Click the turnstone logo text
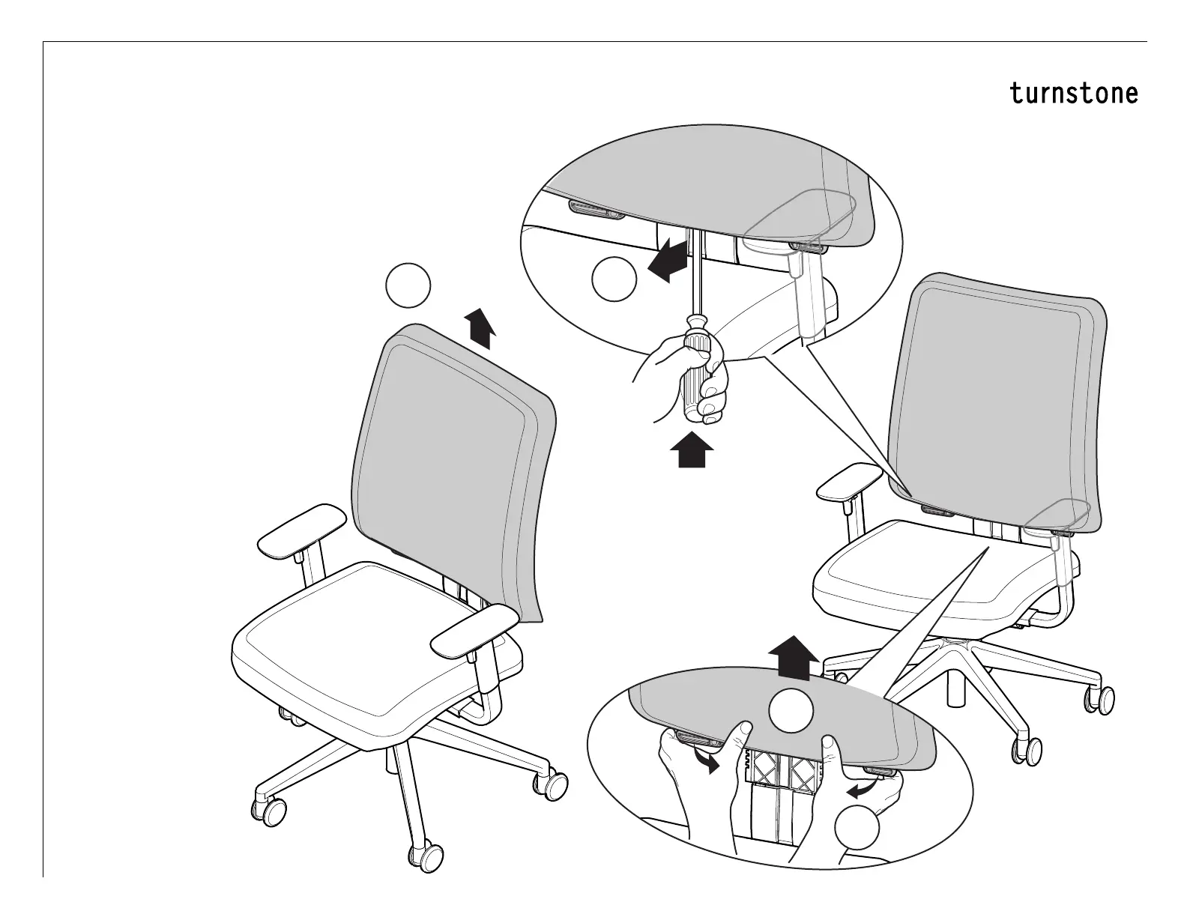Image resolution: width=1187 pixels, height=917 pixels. [x=1073, y=94]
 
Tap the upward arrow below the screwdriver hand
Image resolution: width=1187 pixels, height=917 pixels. [x=692, y=452]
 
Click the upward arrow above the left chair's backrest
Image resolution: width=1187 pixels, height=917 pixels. [x=479, y=329]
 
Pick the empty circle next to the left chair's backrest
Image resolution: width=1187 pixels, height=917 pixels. [x=408, y=285]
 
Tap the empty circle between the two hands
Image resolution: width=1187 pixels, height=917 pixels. [x=791, y=711]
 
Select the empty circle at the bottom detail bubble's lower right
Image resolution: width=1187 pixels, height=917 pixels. [x=857, y=828]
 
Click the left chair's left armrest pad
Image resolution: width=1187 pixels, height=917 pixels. [x=302, y=530]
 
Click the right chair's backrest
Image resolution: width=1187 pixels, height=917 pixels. [x=997, y=397]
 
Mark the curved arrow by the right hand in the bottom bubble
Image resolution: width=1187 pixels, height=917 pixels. [x=863, y=789]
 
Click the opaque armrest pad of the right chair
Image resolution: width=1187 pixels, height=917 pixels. [x=848, y=483]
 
